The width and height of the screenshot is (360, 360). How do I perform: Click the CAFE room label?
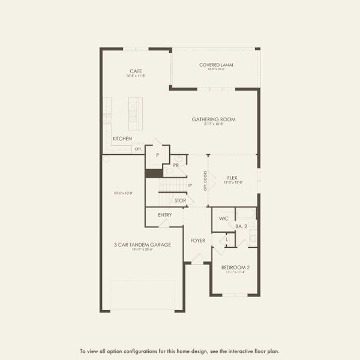[x=136, y=70]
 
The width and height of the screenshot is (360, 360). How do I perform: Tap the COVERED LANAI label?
[x=216, y=65]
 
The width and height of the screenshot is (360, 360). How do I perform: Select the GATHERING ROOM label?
[x=214, y=119]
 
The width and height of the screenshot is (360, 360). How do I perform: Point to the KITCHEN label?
[x=122, y=139]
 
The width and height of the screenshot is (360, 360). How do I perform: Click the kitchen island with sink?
[x=135, y=113]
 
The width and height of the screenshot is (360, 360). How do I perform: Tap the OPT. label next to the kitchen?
[x=138, y=149]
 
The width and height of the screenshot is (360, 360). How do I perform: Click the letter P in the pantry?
[x=157, y=155]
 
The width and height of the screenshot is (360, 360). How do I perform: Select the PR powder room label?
[x=176, y=164]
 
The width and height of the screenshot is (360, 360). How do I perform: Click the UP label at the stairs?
[x=190, y=185]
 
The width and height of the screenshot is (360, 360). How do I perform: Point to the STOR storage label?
[x=180, y=200]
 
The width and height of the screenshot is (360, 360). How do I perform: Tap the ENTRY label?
[x=165, y=215]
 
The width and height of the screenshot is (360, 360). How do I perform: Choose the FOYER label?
[x=198, y=241]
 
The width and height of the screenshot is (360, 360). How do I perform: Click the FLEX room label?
[x=233, y=178]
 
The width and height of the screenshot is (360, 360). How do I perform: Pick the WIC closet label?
[x=224, y=219]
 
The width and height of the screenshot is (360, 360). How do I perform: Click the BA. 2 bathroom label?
[x=242, y=226]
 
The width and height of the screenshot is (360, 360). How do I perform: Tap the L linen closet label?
[x=227, y=240]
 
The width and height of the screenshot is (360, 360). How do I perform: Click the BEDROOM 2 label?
[x=235, y=267]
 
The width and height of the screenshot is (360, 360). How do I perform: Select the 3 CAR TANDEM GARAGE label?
[x=143, y=244]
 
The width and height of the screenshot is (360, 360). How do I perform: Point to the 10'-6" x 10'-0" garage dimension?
[x=123, y=193]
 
